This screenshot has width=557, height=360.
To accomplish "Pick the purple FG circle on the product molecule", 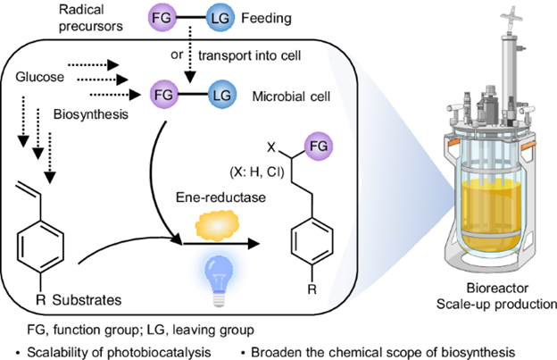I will (x=317, y=146).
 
